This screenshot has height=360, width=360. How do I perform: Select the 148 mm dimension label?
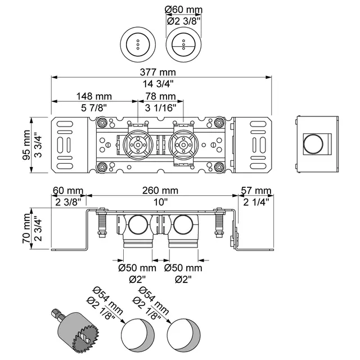tap(94, 97)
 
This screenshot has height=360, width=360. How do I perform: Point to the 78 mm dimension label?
tap(159, 97)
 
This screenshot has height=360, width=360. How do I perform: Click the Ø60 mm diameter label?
tap(184, 10)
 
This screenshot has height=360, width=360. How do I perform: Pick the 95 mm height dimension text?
tap(26, 145)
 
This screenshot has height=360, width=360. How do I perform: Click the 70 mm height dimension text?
tap(26, 228)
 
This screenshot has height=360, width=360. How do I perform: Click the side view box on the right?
tap(317, 145)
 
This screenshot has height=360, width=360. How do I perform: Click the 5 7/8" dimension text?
tap(94, 107)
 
